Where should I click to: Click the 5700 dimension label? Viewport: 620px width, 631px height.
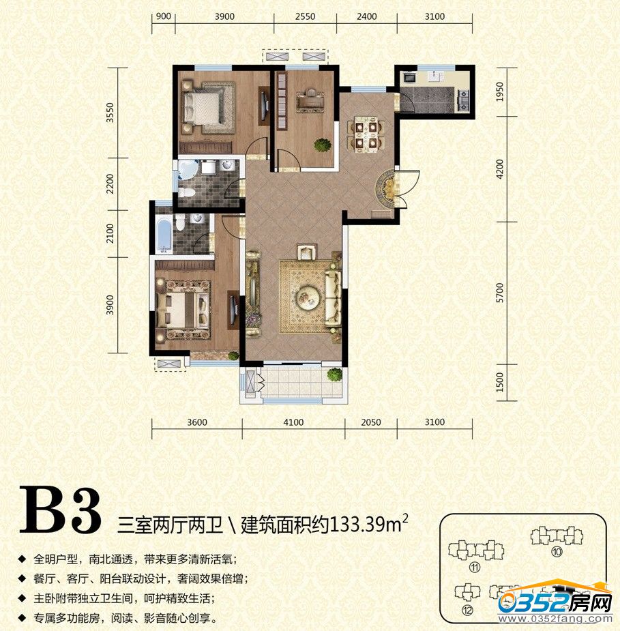click(500, 293)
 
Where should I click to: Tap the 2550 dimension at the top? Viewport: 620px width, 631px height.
click(305, 16)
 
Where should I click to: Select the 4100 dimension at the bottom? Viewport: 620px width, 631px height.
click(293, 422)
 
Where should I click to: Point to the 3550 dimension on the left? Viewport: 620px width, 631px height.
click(110, 113)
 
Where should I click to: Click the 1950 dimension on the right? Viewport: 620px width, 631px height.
click(500, 91)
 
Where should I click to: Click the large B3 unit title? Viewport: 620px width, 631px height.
click(60, 511)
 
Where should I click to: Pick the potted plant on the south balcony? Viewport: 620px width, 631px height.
click(334, 375)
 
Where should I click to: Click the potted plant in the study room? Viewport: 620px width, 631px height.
click(323, 145)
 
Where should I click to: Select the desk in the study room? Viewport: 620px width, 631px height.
click(310, 100)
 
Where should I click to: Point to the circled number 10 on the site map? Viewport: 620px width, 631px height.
click(557, 551)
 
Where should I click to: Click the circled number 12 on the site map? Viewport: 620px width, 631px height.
click(467, 611)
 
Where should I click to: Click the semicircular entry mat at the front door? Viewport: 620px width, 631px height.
click(386, 188)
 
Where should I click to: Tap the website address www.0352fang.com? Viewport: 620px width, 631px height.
click(555, 619)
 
